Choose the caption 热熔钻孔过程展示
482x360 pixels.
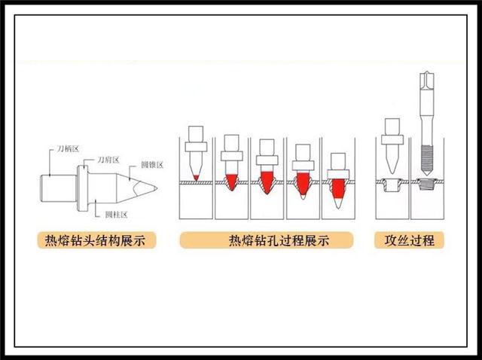tap(269, 241)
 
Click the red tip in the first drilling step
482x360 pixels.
tap(196, 178)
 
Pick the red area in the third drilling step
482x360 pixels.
tap(266, 181)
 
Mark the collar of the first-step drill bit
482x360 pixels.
tap(196, 147)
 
